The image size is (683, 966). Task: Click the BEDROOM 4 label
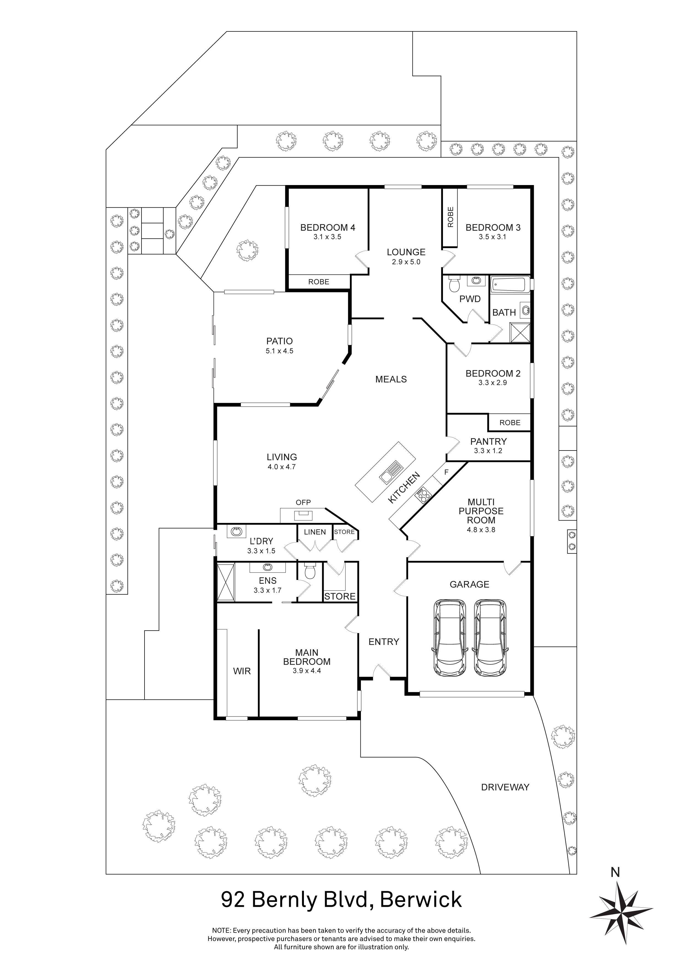pyautogui.click(x=327, y=228)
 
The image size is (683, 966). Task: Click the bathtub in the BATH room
pyautogui.click(x=509, y=285)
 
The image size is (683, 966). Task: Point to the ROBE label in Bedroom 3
pyautogui.click(x=450, y=217)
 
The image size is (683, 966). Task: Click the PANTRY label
pyautogui.click(x=488, y=441)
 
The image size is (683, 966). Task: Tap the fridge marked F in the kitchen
pyautogui.click(x=447, y=472)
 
